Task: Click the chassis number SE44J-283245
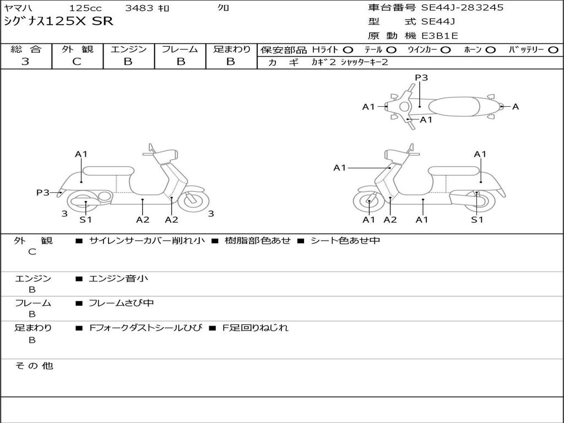pos(462,8)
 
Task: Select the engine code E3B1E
pos(440,36)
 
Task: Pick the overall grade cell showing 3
pos(25,62)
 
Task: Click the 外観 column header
pos(77,50)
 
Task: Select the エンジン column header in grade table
pos(128,50)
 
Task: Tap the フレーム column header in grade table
pos(180,50)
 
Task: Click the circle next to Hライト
pos(348,50)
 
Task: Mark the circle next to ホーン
pos(491,50)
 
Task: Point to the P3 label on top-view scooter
pos(421,78)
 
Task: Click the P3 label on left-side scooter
pos(43,192)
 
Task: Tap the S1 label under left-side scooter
pos(85,220)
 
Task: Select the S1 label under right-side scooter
pos(477,220)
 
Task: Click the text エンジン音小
pos(118,279)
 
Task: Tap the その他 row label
pos(34,366)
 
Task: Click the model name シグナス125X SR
pos(58,22)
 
